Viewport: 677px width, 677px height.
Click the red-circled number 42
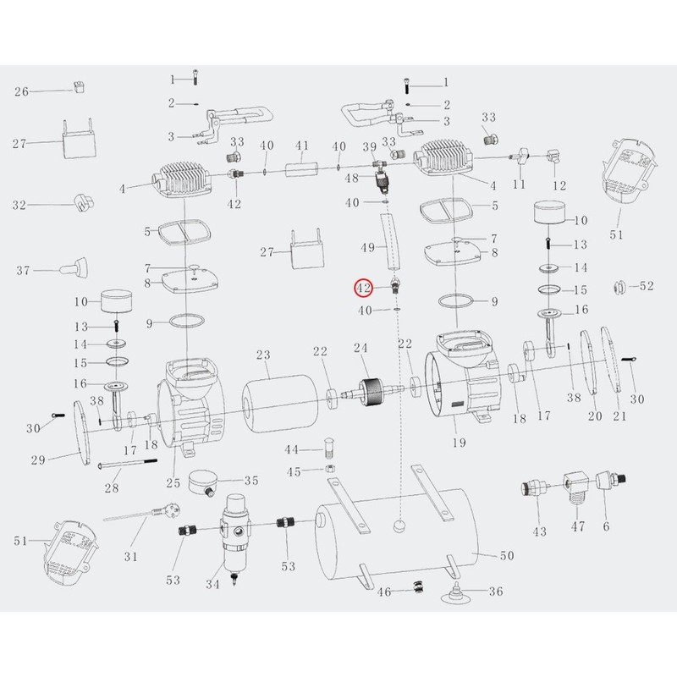click(x=363, y=288)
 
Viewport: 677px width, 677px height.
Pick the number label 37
click(x=23, y=271)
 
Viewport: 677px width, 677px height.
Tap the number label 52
click(x=647, y=287)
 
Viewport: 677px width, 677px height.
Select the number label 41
click(x=300, y=146)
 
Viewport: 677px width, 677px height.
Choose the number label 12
click(x=559, y=184)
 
